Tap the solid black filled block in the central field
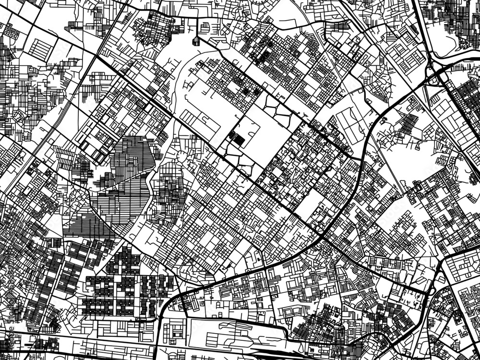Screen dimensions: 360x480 (237, 139)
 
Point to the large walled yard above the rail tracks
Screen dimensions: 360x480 (226, 331)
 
